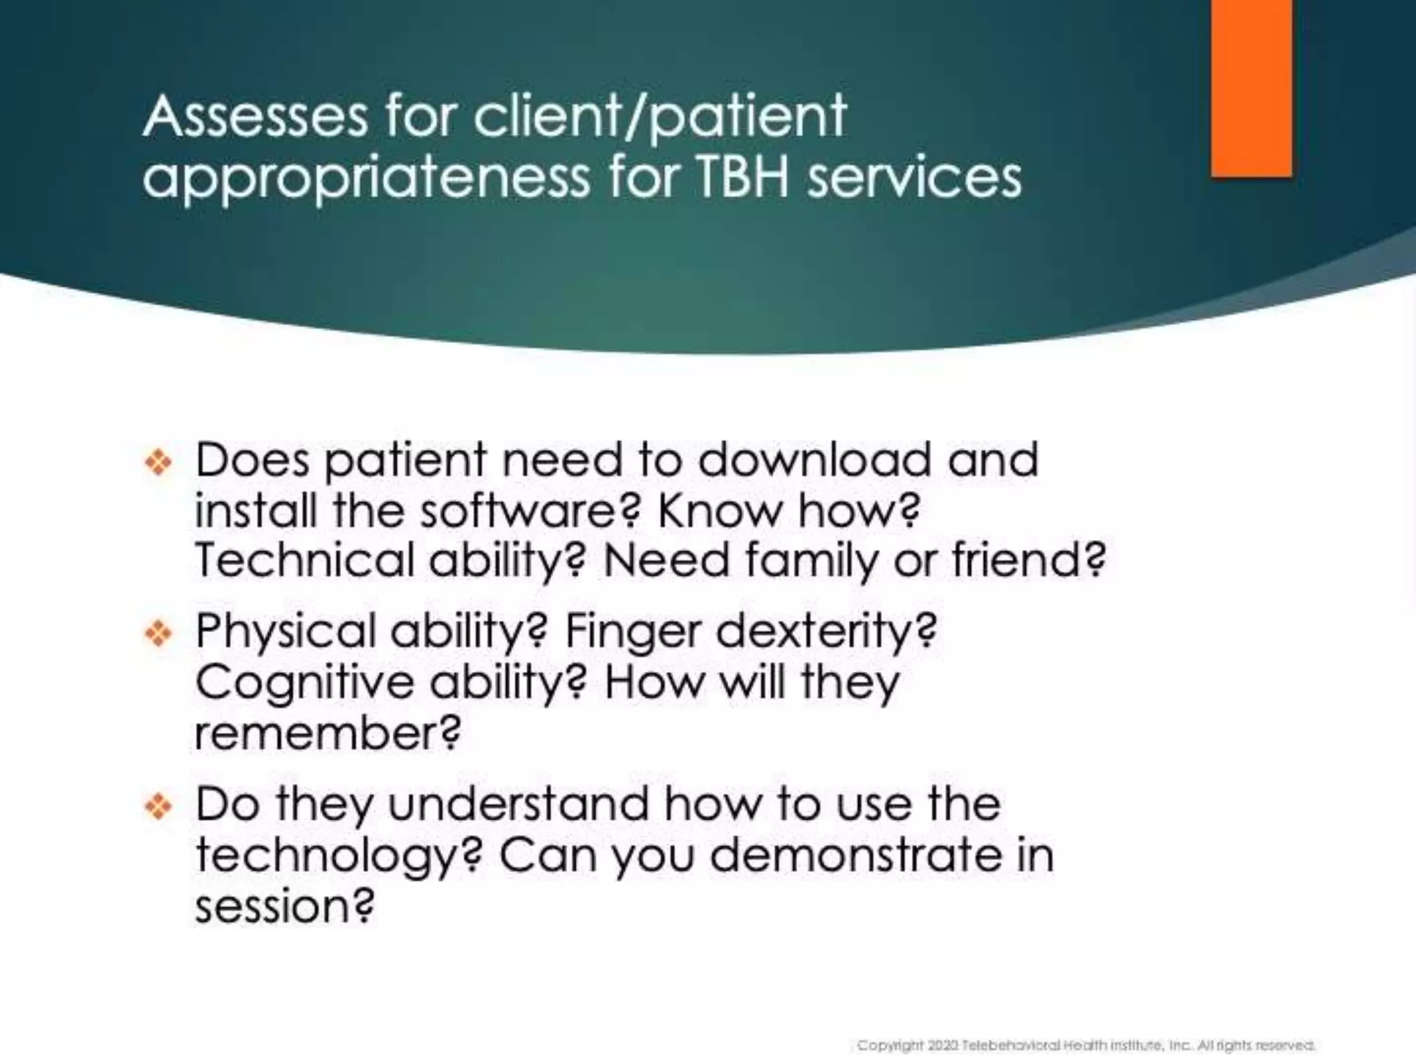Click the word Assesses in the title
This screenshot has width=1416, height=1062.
click(255, 116)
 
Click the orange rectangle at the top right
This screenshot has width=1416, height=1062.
click(1251, 88)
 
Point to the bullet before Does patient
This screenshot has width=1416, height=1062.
click(159, 462)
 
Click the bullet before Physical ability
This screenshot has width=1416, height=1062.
click(159, 633)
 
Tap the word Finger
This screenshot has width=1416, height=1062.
click(633, 632)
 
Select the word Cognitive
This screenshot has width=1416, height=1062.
click(305, 683)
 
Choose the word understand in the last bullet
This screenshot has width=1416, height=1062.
click(519, 804)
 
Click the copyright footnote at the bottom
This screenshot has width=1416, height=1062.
click(1086, 1045)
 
